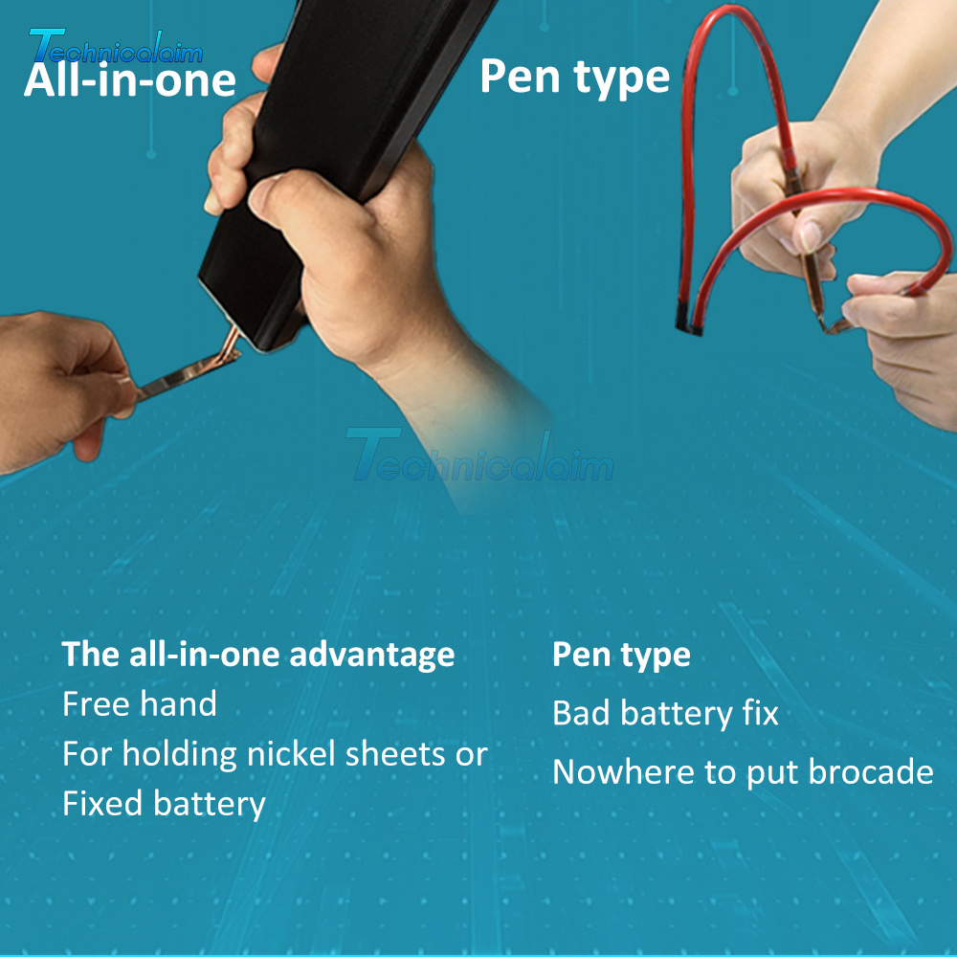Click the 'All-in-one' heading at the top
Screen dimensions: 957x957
(130, 80)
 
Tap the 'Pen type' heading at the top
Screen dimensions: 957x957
(574, 77)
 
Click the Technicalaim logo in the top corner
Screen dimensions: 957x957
(116, 46)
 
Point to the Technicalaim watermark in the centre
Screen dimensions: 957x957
(479, 455)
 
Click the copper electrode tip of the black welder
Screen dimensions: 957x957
(230, 345)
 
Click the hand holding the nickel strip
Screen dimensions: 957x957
(61, 388)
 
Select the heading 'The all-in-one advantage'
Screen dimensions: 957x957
(258, 655)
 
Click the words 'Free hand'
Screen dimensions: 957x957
(140, 703)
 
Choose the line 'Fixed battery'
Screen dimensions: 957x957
(164, 804)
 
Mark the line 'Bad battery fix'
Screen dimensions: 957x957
(665, 714)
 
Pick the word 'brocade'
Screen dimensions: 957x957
(871, 771)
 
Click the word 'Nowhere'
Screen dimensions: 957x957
(623, 772)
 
